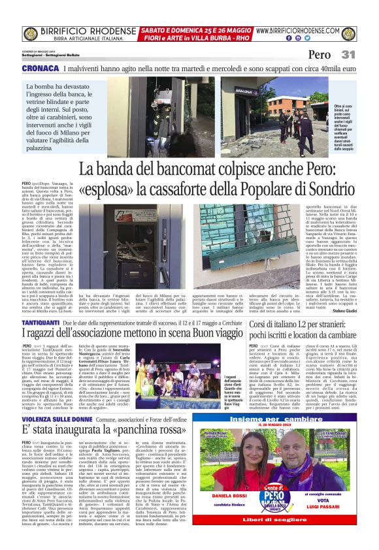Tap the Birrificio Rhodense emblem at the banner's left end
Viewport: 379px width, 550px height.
coord(30,34)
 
